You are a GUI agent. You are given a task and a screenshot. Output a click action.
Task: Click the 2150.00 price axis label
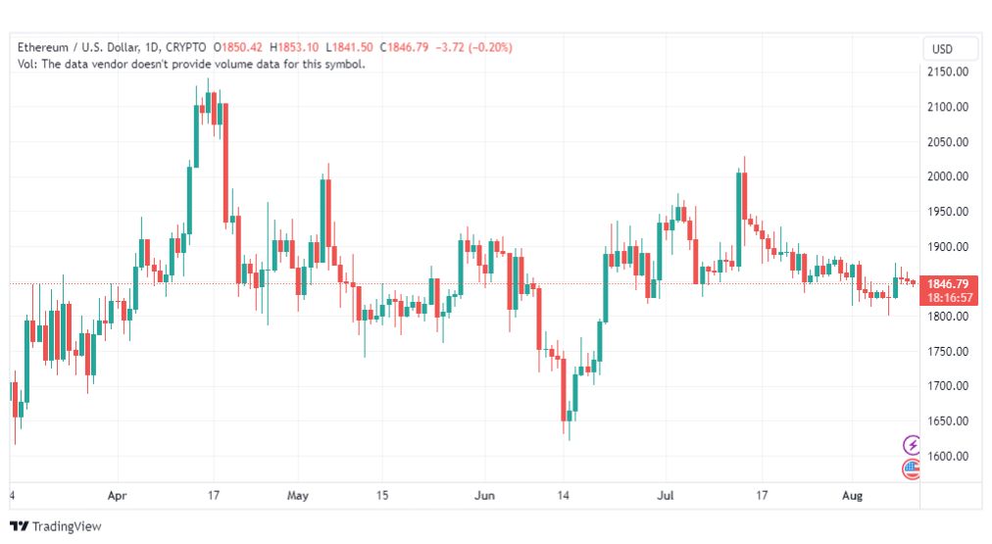coord(948,73)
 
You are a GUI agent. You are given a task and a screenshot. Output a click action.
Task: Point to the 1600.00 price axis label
coord(948,456)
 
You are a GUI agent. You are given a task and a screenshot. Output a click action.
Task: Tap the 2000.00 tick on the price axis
coord(948,176)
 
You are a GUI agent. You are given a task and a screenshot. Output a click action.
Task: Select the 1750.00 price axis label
coord(948,351)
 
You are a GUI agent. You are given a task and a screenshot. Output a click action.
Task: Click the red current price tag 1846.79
coord(948,290)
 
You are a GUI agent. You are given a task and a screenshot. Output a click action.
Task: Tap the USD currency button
coord(942,49)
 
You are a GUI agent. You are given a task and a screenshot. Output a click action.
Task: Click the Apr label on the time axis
coord(117,495)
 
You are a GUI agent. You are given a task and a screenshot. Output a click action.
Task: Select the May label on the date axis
coord(297,495)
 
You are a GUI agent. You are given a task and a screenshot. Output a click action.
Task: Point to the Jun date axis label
coord(484,495)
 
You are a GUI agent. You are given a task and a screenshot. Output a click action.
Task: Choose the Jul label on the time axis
coord(665,495)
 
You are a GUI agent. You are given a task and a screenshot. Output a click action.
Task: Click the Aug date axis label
coord(852,495)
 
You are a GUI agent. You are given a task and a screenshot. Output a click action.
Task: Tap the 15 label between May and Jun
coord(382,495)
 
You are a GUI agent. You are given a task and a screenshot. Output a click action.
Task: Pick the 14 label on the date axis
coord(563,495)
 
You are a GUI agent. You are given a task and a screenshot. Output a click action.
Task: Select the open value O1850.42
coord(238,47)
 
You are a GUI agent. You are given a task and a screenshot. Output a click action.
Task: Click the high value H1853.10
coord(294,47)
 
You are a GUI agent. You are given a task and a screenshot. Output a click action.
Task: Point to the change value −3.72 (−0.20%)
coord(473,47)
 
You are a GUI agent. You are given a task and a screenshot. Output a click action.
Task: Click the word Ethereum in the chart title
coord(43,47)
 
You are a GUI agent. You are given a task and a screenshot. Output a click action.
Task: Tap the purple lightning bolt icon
coord(912,445)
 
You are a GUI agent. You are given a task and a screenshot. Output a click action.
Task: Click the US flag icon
coord(912,469)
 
